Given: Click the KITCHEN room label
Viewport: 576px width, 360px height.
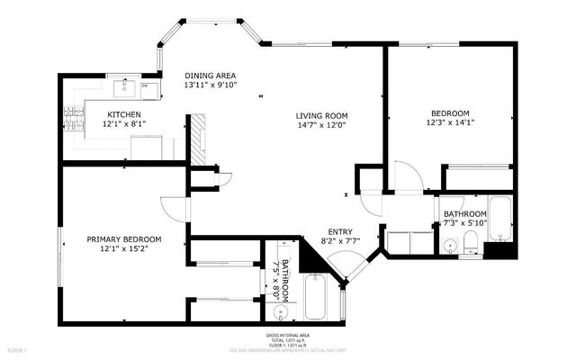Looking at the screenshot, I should click(x=123, y=114).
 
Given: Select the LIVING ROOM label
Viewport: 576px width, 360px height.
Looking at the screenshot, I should click(x=322, y=116).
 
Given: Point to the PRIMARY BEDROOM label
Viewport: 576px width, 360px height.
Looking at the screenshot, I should click(x=123, y=239).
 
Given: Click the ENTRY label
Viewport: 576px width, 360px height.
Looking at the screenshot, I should click(x=339, y=231).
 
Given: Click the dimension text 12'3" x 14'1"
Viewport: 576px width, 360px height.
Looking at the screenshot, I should click(x=450, y=124).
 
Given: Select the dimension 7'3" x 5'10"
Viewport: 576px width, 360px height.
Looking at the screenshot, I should click(x=464, y=223).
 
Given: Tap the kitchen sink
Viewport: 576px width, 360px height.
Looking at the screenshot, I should click(x=125, y=88).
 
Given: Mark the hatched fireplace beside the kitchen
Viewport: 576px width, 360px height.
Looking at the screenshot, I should click(x=196, y=137).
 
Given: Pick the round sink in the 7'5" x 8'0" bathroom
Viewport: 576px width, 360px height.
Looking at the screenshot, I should click(x=281, y=313).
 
